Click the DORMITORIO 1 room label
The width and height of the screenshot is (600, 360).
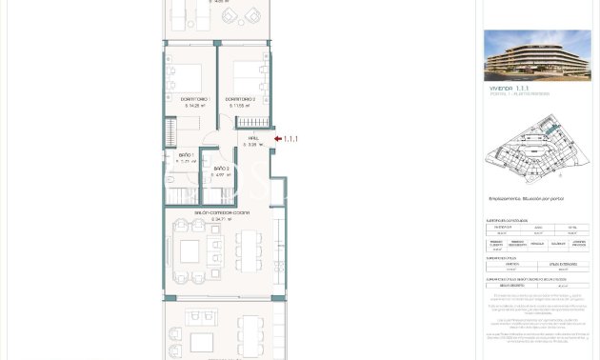194,99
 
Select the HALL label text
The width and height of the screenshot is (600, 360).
253,139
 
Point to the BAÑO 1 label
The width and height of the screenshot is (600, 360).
187,155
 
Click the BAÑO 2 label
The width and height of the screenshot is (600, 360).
221,169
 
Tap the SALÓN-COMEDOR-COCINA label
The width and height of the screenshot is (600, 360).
222,212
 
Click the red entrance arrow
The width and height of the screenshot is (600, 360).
277,139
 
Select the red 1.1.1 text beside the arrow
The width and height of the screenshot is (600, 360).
290,139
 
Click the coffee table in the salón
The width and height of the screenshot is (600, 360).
190,251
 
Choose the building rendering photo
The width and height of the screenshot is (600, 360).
536,54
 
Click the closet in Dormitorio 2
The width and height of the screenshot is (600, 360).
254,123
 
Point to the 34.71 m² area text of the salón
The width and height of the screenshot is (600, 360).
222,219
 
